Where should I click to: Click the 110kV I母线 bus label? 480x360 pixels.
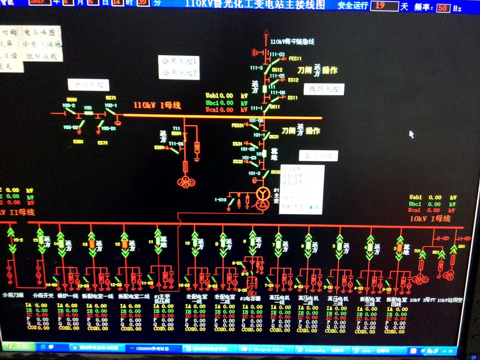click(157, 106)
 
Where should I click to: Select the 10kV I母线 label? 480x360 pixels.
click(430, 218)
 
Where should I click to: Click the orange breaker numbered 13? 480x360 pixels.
click(92, 244)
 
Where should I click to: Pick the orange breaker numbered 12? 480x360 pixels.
click(125, 244)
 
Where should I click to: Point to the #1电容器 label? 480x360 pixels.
click(250, 299)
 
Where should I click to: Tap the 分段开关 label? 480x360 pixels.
click(43, 295)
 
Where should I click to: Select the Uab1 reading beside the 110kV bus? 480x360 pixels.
click(219, 95)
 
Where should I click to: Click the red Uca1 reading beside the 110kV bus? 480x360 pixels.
click(219, 110)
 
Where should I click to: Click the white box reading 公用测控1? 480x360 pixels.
click(179, 61)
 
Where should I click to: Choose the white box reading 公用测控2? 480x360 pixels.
click(179, 73)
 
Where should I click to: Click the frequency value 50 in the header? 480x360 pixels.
click(443, 8)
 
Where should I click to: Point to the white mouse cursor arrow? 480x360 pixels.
click(411, 134)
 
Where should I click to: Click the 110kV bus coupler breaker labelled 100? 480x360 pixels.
click(88, 113)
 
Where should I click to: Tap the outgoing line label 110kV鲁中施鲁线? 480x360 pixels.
click(292, 42)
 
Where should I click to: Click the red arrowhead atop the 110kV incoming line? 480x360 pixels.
click(266, 33)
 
